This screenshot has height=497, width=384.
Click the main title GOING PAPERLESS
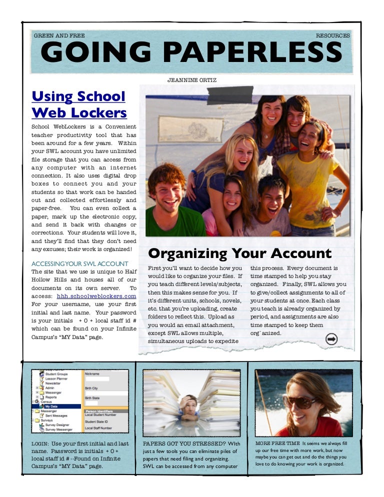click(191, 52)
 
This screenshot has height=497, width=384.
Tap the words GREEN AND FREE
click(59, 36)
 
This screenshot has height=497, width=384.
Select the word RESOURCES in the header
click(333, 36)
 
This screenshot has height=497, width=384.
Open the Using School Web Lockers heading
click(79, 104)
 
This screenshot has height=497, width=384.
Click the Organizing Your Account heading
click(240, 253)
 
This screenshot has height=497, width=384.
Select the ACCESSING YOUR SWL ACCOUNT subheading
click(79, 263)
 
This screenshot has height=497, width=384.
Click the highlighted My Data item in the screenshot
click(51, 406)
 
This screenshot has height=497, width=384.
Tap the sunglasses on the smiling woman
click(300, 401)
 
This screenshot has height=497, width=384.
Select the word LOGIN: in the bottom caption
click(40, 443)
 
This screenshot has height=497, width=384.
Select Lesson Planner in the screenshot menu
click(57, 379)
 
